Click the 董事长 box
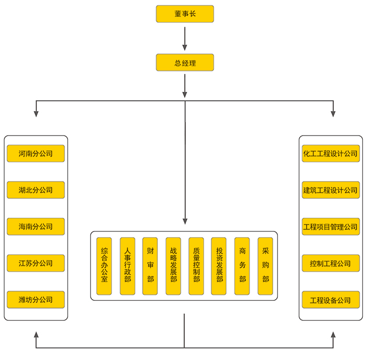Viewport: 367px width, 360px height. (185, 14)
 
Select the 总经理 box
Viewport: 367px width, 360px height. (185, 63)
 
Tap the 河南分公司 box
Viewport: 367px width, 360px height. (36, 154)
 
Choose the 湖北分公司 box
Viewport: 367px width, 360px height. (36, 190)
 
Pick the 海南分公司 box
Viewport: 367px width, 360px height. (36, 227)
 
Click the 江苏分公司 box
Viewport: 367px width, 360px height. (36, 263)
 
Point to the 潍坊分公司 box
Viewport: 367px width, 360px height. (36, 300)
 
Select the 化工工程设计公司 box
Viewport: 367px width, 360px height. (330, 154)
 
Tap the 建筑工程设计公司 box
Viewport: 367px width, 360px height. (330, 190)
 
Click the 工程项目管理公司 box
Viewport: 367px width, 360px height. (330, 227)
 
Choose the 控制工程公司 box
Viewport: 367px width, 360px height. (330, 263)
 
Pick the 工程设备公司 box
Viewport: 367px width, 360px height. (330, 300)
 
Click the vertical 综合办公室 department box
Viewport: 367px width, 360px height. (104, 266)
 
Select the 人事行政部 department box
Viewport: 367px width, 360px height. (127, 266)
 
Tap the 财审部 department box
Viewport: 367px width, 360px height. (150, 266)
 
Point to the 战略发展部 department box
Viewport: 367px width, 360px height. (173, 266)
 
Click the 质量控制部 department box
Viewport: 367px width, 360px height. (196, 266)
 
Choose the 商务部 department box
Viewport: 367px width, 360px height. (242, 266)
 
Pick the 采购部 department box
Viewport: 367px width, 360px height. (265, 266)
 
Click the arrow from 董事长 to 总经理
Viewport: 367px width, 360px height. (185, 38)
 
